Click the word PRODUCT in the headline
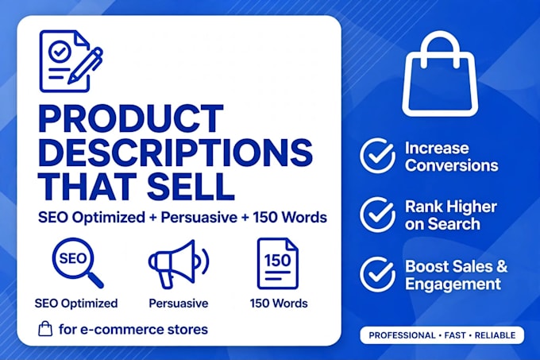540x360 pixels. (x=131, y=118)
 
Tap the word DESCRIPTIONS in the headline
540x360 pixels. (x=175, y=152)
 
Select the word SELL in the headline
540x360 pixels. (x=191, y=186)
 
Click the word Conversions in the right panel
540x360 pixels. (x=452, y=165)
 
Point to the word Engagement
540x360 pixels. (x=453, y=285)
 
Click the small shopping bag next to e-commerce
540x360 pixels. (x=45, y=329)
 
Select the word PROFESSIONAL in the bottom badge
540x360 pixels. (x=402, y=335)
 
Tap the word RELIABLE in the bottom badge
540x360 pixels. (x=496, y=335)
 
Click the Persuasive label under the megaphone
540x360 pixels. (x=179, y=303)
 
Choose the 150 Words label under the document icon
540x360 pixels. (x=279, y=303)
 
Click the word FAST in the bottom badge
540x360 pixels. (x=455, y=335)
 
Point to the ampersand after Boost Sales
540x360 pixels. (x=502, y=266)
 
